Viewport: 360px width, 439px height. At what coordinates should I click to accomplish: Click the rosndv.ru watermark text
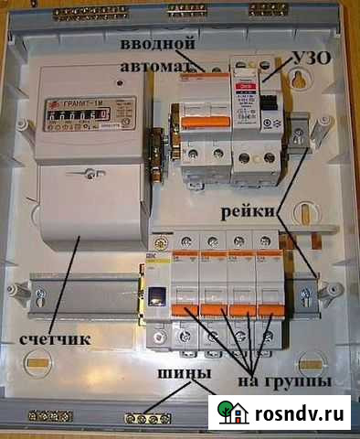[302, 414]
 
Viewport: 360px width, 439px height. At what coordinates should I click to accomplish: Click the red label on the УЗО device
[245, 88]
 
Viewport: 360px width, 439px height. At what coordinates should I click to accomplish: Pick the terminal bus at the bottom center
[147, 419]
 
